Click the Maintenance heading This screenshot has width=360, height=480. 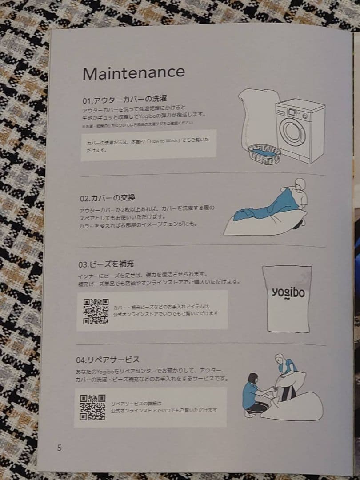click(x=133, y=72)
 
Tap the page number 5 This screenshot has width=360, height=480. click(x=59, y=448)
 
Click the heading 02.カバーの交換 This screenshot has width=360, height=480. click(x=108, y=198)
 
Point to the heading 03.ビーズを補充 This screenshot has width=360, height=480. click(x=106, y=264)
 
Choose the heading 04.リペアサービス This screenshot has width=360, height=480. click(x=109, y=359)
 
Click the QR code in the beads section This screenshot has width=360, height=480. click(x=96, y=311)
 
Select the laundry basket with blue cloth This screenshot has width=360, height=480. click(x=265, y=154)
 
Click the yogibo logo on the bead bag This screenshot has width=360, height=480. click(x=288, y=293)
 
